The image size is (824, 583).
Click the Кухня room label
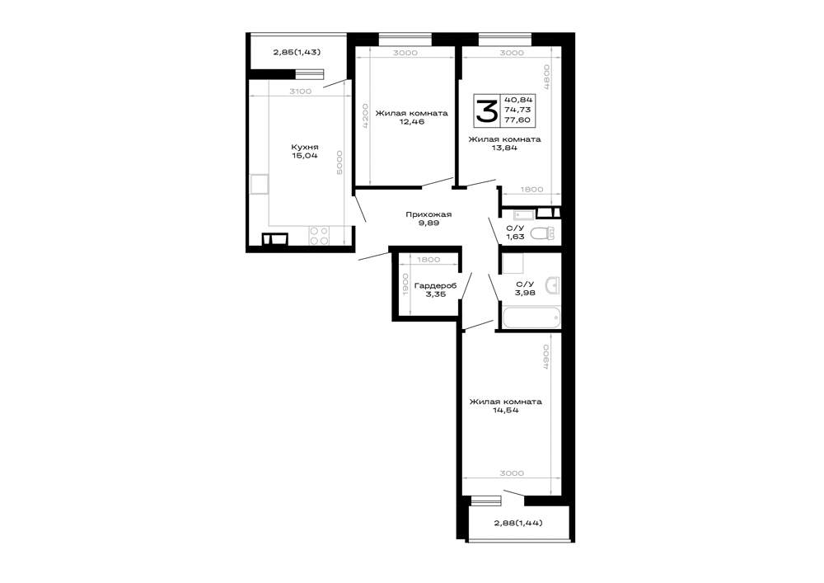305,148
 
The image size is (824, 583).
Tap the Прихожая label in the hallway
428,214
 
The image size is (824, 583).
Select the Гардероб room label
436,286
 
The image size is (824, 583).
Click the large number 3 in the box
487,110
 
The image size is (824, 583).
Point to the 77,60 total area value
517,120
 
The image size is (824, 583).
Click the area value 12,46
411,122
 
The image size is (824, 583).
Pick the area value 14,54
506,410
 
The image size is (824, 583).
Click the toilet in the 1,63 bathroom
543,233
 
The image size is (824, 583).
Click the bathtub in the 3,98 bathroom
531,317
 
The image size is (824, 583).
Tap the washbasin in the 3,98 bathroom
553,285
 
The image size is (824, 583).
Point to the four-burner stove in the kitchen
318,236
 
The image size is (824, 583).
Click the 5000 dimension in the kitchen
339,163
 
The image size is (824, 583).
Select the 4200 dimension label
365,116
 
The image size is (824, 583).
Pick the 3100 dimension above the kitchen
301,92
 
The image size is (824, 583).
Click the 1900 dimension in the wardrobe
405,284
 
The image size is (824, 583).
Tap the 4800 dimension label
546,78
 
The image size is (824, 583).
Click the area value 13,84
504,148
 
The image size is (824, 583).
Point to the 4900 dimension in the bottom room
545,359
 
